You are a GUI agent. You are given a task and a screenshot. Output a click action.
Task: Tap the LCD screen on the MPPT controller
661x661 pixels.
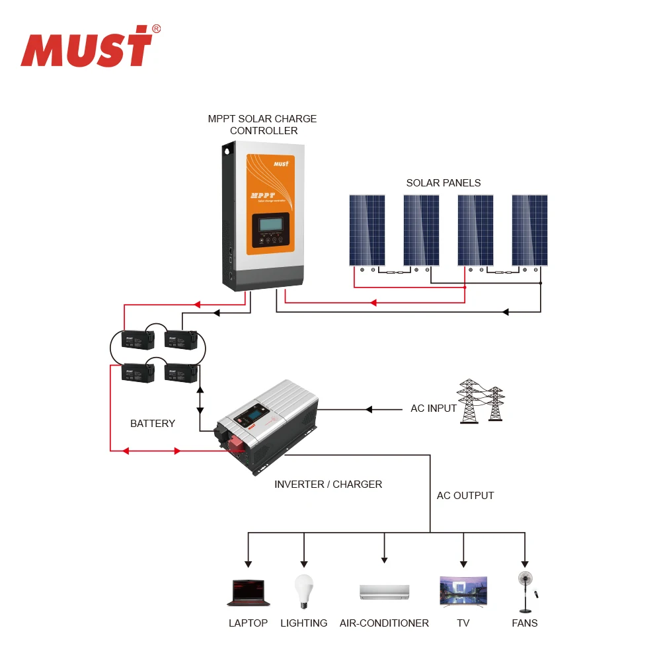click(x=270, y=225)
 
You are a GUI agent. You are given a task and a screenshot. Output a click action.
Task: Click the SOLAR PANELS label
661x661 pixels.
click(x=443, y=183)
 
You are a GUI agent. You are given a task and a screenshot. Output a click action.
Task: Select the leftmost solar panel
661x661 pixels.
click(x=367, y=230)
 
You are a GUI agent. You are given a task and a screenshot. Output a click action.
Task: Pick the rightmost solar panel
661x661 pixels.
click(x=529, y=230)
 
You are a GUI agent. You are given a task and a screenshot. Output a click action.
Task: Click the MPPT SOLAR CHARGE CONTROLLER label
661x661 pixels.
click(x=262, y=125)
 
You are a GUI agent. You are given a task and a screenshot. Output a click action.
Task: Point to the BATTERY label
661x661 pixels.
click(x=153, y=423)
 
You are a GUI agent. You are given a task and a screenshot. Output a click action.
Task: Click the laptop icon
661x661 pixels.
click(x=248, y=593)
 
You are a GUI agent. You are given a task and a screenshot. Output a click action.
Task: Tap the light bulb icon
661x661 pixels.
click(x=303, y=590)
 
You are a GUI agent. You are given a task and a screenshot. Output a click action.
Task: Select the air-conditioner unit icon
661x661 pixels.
click(x=384, y=592)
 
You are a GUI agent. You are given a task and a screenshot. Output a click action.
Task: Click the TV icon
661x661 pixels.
click(x=463, y=592)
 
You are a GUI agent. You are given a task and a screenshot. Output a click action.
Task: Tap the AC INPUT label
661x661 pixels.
click(x=434, y=408)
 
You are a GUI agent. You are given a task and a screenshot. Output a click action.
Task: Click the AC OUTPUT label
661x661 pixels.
click(x=465, y=495)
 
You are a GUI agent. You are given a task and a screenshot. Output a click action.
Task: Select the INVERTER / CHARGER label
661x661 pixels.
click(x=328, y=484)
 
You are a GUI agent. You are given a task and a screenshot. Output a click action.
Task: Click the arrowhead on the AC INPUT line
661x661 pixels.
click(x=369, y=410)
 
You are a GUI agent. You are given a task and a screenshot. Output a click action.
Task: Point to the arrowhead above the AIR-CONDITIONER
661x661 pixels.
click(x=384, y=559)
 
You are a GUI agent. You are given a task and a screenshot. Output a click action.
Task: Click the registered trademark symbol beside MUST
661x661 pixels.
click(x=157, y=28)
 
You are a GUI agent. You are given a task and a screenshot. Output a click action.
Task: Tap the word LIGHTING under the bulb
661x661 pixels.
click(x=303, y=623)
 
